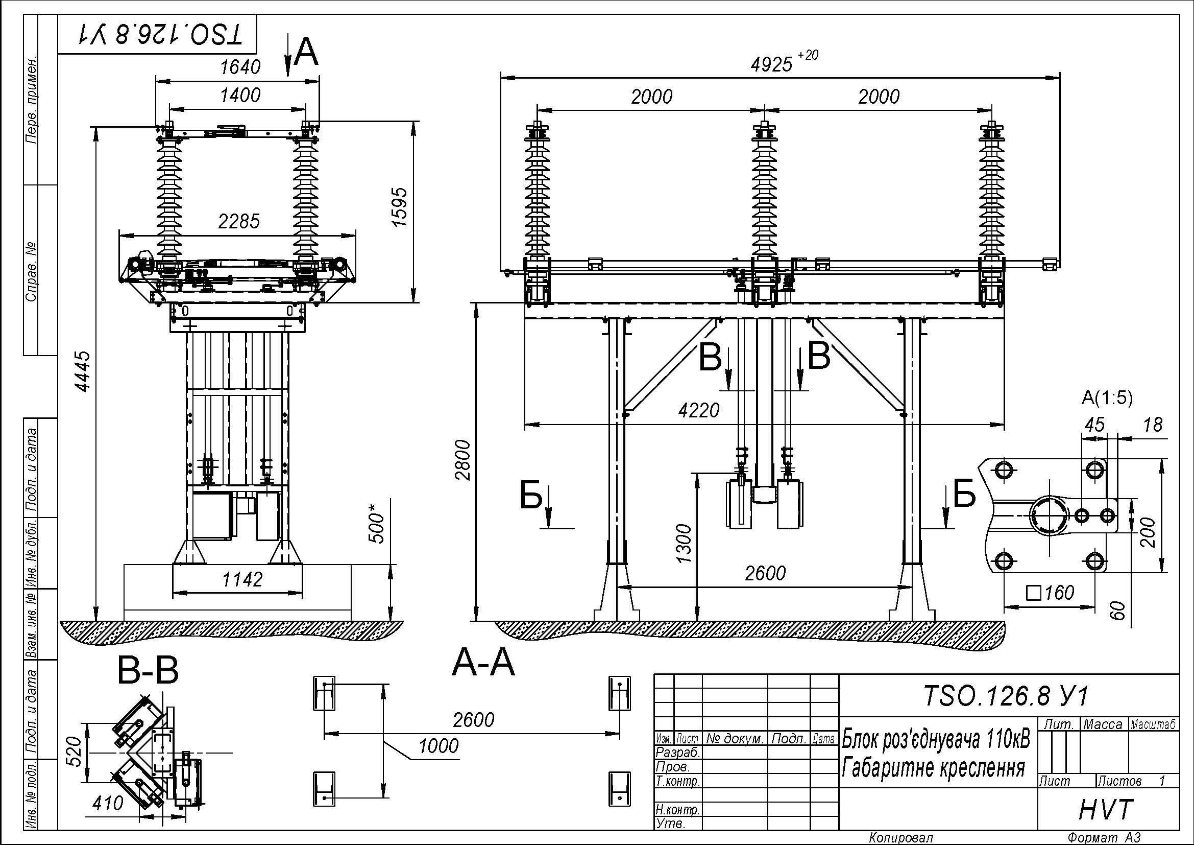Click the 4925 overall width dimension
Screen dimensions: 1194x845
coord(784,63)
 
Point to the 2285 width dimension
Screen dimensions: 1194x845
coord(239,222)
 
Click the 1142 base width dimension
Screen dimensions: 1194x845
coord(243,579)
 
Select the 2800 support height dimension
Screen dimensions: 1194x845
coord(462,460)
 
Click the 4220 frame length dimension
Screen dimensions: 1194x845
coord(699,411)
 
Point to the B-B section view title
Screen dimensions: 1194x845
coord(148,671)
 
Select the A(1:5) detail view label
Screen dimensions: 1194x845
coord(1107,398)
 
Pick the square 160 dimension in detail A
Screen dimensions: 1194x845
coord(1051,592)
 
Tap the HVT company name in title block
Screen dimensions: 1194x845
coord(1106,810)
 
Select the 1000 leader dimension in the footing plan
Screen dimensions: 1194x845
coord(439,745)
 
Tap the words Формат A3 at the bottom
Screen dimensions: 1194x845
coord(1104,837)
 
